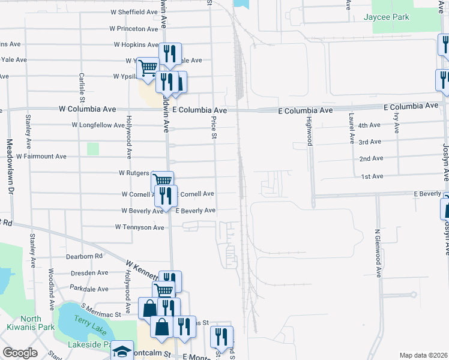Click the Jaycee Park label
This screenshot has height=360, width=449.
click(x=385, y=17)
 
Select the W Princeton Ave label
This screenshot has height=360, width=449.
click(x=134, y=29)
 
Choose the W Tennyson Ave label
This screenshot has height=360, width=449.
click(x=139, y=227)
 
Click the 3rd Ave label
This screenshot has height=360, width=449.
click(x=370, y=142)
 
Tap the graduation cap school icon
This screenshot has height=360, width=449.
click(x=122, y=351)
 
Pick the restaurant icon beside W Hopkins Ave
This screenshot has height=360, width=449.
click(x=170, y=55)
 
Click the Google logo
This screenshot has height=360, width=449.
click(x=20, y=353)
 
